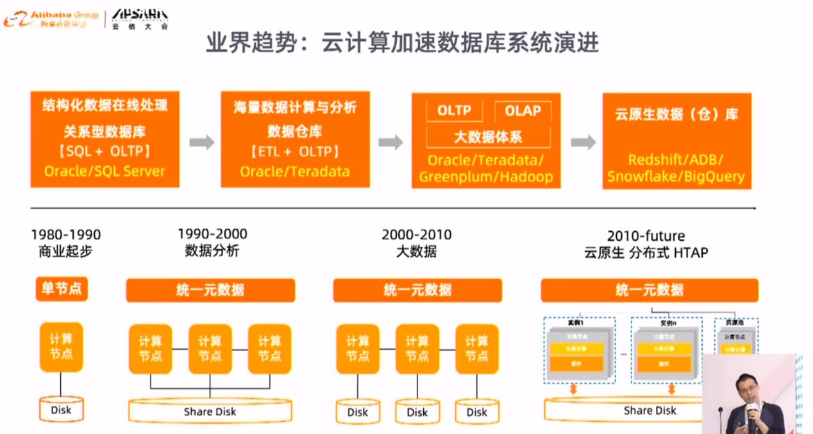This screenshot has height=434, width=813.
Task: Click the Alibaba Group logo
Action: (51, 19)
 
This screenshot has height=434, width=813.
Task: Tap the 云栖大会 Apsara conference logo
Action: (139, 19)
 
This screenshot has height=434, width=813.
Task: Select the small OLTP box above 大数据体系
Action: (454, 110)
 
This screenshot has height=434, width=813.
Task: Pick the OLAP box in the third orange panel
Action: (523, 110)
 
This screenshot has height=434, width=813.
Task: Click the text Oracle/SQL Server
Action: (105, 171)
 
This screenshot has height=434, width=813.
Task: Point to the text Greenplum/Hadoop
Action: (486, 177)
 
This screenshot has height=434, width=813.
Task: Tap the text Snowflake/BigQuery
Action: (676, 177)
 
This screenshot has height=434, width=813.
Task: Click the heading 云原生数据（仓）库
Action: (676, 115)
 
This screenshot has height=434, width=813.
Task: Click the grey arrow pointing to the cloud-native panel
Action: (582, 142)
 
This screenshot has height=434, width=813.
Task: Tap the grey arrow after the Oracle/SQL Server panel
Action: (201, 142)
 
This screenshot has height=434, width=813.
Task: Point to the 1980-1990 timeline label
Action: (65, 235)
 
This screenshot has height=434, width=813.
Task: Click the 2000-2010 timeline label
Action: (416, 235)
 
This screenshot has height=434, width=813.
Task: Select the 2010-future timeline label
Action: (646, 236)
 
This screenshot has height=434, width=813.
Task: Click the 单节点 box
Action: (61, 289)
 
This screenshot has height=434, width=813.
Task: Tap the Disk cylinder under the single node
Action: (61, 409)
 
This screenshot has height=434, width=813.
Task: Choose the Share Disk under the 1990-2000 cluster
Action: (210, 411)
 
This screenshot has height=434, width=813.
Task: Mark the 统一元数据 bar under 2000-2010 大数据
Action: (417, 290)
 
